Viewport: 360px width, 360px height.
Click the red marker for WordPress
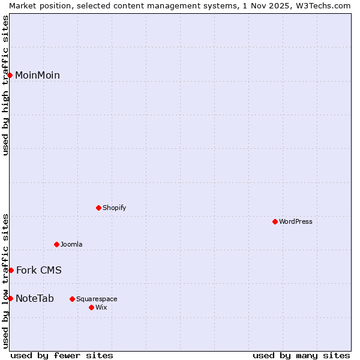(275, 221)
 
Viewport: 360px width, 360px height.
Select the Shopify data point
(98, 208)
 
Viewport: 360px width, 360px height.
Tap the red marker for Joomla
(56, 244)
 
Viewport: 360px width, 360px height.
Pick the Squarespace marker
(72, 299)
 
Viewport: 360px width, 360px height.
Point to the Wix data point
(91, 307)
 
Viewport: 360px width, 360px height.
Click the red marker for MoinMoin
(10, 75)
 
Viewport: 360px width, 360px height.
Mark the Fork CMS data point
(11, 270)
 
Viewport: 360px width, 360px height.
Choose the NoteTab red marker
(10, 298)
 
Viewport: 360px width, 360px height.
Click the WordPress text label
(296, 221)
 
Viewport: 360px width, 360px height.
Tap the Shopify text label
(114, 208)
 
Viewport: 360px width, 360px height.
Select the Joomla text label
(71, 244)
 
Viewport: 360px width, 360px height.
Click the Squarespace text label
(97, 299)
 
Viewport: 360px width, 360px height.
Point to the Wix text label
(101, 307)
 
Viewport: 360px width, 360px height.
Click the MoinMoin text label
(37, 75)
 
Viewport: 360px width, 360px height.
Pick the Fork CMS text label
(38, 270)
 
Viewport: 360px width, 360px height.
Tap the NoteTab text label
(35, 298)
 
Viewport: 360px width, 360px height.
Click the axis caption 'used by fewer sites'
(62, 355)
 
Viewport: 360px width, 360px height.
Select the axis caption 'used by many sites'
(301, 355)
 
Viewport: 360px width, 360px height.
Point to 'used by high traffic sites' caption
(5, 85)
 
